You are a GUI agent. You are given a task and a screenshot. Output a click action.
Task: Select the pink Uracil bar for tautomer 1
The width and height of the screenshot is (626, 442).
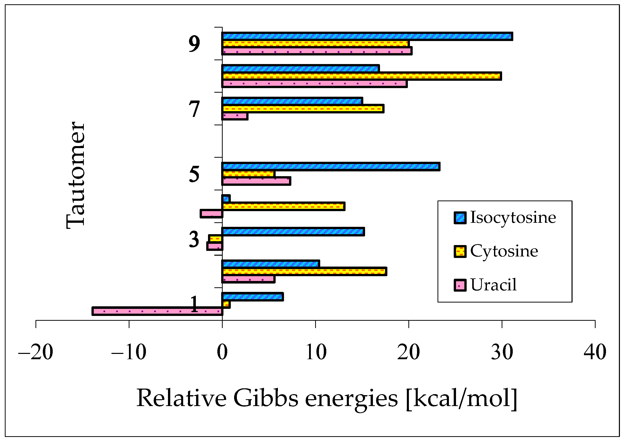coord(157,311)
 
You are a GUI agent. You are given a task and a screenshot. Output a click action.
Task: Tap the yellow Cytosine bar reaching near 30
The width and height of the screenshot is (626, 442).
coord(361,76)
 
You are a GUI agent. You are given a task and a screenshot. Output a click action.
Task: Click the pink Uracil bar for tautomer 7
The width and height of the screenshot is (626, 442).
coord(235,116)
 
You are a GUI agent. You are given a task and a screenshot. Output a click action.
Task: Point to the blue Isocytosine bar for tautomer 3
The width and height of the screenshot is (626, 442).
coord(293,232)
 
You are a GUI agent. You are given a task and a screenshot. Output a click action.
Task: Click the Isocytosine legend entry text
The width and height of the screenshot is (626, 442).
coord(513,218)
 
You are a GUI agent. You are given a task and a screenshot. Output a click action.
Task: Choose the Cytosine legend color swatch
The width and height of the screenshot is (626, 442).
coord(460,251)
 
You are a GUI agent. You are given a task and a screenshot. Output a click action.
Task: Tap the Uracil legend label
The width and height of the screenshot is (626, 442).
coord(493,285)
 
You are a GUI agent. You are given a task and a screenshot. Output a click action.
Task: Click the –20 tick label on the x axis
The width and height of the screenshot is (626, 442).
coord(36,352)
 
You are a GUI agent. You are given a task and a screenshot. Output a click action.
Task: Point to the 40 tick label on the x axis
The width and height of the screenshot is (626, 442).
coord(595,352)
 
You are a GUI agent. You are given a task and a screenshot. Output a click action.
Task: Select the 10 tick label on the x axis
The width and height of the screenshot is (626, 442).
coord(316,352)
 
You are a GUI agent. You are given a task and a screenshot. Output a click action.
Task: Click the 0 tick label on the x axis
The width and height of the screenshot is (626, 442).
coord(222,352)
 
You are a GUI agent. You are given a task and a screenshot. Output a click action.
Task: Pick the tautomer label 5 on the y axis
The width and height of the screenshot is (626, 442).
coord(194,174)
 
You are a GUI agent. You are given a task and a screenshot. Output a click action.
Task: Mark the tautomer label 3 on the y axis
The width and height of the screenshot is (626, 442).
coord(194,239)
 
